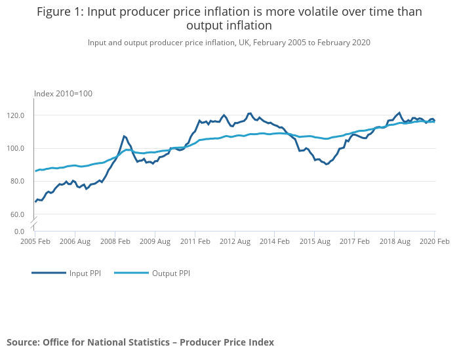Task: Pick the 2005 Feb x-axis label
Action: point(35,241)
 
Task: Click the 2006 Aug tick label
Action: point(75,241)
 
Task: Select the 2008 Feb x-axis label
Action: point(115,241)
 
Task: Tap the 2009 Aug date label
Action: point(155,241)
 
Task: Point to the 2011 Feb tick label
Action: point(195,241)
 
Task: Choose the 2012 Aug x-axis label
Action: point(235,241)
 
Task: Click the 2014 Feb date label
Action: point(275,241)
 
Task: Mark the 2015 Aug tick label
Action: point(315,241)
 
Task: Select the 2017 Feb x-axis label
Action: point(354,241)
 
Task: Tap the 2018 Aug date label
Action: point(394,241)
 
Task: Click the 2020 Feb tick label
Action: point(434,241)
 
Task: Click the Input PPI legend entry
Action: point(84,273)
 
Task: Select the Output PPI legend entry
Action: point(170,273)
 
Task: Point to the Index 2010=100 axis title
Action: point(63,94)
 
